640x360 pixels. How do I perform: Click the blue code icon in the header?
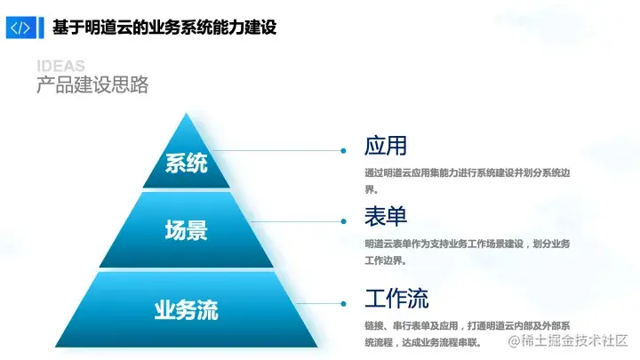[x=19, y=28]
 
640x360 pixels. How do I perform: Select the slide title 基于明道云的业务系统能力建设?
[x=164, y=28]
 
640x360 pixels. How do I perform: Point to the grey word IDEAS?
[x=61, y=67]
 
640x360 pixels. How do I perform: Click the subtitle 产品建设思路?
[x=92, y=85]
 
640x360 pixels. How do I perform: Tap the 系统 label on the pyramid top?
[x=187, y=164]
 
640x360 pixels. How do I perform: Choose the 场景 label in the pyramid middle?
[x=187, y=231]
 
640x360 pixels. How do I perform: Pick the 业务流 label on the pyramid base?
[x=187, y=310]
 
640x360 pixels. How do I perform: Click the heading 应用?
[x=385, y=146]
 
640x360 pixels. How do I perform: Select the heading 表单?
[x=385, y=216]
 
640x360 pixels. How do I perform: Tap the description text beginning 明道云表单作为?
[x=468, y=252]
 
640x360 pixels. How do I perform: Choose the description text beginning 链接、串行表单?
[x=468, y=333]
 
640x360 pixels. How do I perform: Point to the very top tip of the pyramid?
[x=187, y=114]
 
